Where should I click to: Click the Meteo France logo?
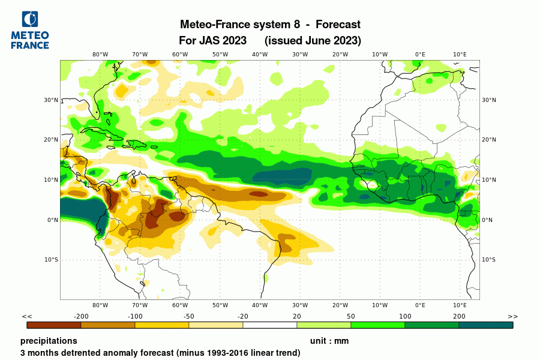[x=29, y=30]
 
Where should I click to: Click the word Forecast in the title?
[x=338, y=25]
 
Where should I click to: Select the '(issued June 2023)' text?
[x=313, y=41]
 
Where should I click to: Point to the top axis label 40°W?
[x=260, y=55]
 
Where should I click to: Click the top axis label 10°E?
[x=460, y=55]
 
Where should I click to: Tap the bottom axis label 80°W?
[x=100, y=305]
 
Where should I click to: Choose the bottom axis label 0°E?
[x=420, y=305]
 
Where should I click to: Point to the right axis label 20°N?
[x=489, y=140]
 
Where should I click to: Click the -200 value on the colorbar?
[x=81, y=316]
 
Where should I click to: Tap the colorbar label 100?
[x=405, y=316]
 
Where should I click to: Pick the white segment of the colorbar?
[x=270, y=325]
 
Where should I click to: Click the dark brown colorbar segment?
[x=54, y=325]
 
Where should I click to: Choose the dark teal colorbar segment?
[x=486, y=325]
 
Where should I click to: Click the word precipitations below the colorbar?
[x=49, y=341]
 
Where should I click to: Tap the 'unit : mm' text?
[x=329, y=341]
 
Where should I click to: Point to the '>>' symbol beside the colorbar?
[x=512, y=316]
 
